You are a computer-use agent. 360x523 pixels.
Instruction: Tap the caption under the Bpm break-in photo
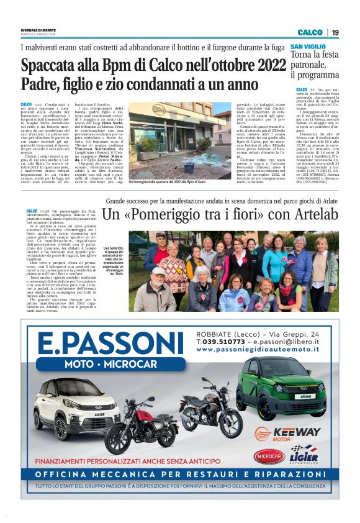(168, 182)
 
